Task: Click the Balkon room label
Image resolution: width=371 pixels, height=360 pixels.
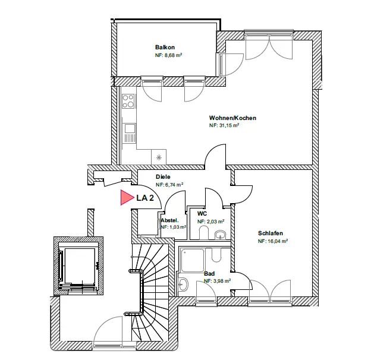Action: (x=165, y=47)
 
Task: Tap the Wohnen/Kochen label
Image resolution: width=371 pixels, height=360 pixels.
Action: (x=232, y=118)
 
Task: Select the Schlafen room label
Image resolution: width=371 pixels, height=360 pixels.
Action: (x=271, y=233)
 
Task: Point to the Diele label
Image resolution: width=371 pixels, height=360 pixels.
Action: (x=164, y=177)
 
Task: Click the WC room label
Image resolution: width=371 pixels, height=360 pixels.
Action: (x=202, y=213)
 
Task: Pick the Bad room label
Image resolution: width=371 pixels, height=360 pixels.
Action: (x=209, y=274)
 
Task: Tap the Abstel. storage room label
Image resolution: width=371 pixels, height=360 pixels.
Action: (x=170, y=220)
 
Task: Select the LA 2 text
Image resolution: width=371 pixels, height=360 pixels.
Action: (x=145, y=198)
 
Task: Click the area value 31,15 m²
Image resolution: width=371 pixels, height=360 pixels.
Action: (x=224, y=125)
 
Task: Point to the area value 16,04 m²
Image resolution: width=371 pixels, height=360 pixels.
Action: (x=273, y=241)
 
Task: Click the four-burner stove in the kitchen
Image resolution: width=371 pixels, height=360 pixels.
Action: (x=128, y=100)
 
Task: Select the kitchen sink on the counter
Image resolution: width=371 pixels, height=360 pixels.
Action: (x=129, y=129)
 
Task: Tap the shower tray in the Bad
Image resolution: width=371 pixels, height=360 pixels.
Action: (x=193, y=260)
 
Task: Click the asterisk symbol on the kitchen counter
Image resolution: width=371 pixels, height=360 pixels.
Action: (x=159, y=158)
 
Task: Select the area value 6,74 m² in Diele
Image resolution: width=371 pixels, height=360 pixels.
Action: (x=169, y=185)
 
